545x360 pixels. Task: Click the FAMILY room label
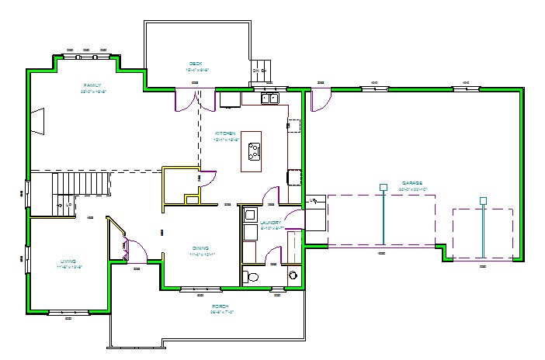(x=93, y=85)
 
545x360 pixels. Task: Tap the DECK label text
(x=196, y=64)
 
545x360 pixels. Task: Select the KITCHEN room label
(x=225, y=133)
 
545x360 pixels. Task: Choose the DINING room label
(x=200, y=248)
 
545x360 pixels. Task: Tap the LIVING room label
(x=69, y=261)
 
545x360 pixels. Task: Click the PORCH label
(x=220, y=306)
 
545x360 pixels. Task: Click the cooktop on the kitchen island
(x=252, y=149)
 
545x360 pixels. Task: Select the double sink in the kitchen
(x=269, y=99)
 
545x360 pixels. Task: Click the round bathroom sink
(x=293, y=275)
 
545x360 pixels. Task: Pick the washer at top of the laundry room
(x=250, y=214)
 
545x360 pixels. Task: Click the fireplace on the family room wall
(x=36, y=120)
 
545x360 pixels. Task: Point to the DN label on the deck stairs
(x=255, y=71)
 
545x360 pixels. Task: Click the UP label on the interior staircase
(x=68, y=205)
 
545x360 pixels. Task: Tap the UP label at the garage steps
(x=313, y=201)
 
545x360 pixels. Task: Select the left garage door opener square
(x=383, y=187)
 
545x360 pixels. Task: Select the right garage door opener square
(x=483, y=201)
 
